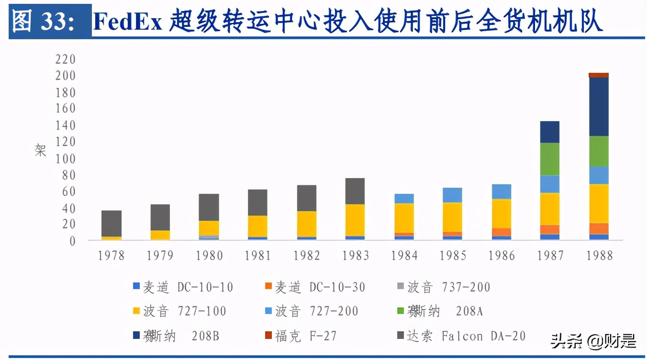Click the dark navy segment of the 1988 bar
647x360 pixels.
[598, 106]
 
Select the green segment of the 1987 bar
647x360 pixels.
[550, 159]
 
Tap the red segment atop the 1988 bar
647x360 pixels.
[598, 75]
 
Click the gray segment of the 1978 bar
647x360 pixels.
[112, 223]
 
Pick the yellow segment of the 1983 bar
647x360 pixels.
[355, 220]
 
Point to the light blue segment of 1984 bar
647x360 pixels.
[404, 198]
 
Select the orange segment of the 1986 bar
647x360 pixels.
[501, 232]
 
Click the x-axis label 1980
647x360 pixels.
[209, 256]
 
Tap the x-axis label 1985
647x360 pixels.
[453, 256]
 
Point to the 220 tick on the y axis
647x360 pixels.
[66, 59]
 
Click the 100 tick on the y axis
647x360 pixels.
[66, 158]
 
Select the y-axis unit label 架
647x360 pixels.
[41, 151]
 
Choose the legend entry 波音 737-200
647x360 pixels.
[444, 287]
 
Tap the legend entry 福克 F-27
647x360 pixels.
[301, 336]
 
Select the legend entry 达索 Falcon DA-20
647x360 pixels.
[461, 336]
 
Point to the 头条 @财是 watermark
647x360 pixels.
[593, 341]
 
